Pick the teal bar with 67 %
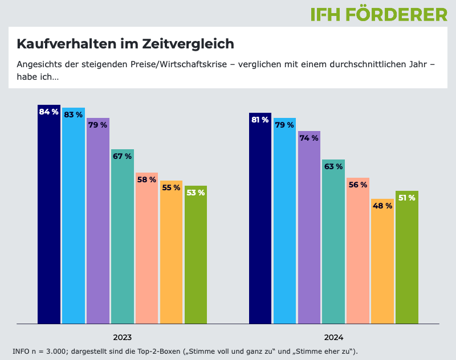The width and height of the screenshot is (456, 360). coord(122,236)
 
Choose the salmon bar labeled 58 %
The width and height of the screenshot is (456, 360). coord(146,248)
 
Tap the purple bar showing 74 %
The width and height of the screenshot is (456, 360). coord(309,227)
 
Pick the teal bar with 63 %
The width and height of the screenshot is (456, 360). coord(333,242)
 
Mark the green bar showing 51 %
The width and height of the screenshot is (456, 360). coord(407,257)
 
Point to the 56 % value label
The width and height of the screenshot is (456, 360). coord(358,185)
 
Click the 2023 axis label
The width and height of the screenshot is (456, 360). coord(123,337)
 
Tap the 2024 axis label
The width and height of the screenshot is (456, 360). coord(334,337)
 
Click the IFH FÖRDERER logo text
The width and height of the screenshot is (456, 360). coord(379,14)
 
